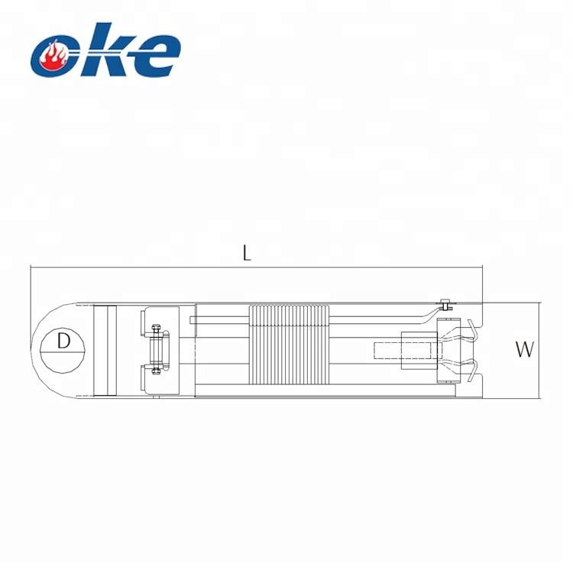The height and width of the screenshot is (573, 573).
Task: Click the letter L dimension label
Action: pos(247,253)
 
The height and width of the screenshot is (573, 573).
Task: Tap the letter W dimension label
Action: pos(525,349)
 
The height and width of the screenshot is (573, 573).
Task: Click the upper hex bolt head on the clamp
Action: pos(156,329)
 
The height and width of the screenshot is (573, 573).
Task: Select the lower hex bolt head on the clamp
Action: pos(156,371)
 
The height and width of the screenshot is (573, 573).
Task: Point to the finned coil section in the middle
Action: pos(289,345)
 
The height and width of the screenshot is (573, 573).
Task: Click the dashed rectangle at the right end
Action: pos(407,351)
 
